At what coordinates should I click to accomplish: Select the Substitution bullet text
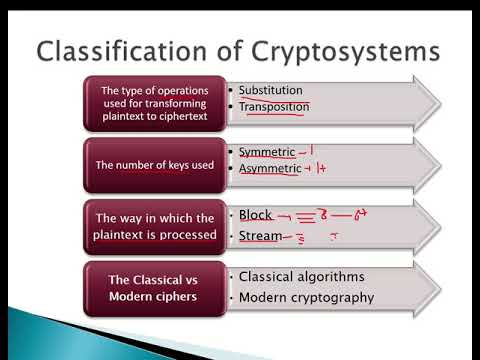270,90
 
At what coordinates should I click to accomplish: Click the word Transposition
274,106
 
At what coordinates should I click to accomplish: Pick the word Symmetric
267,152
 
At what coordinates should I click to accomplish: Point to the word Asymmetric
270,168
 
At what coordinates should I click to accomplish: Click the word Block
255,214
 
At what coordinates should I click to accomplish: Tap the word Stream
259,236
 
